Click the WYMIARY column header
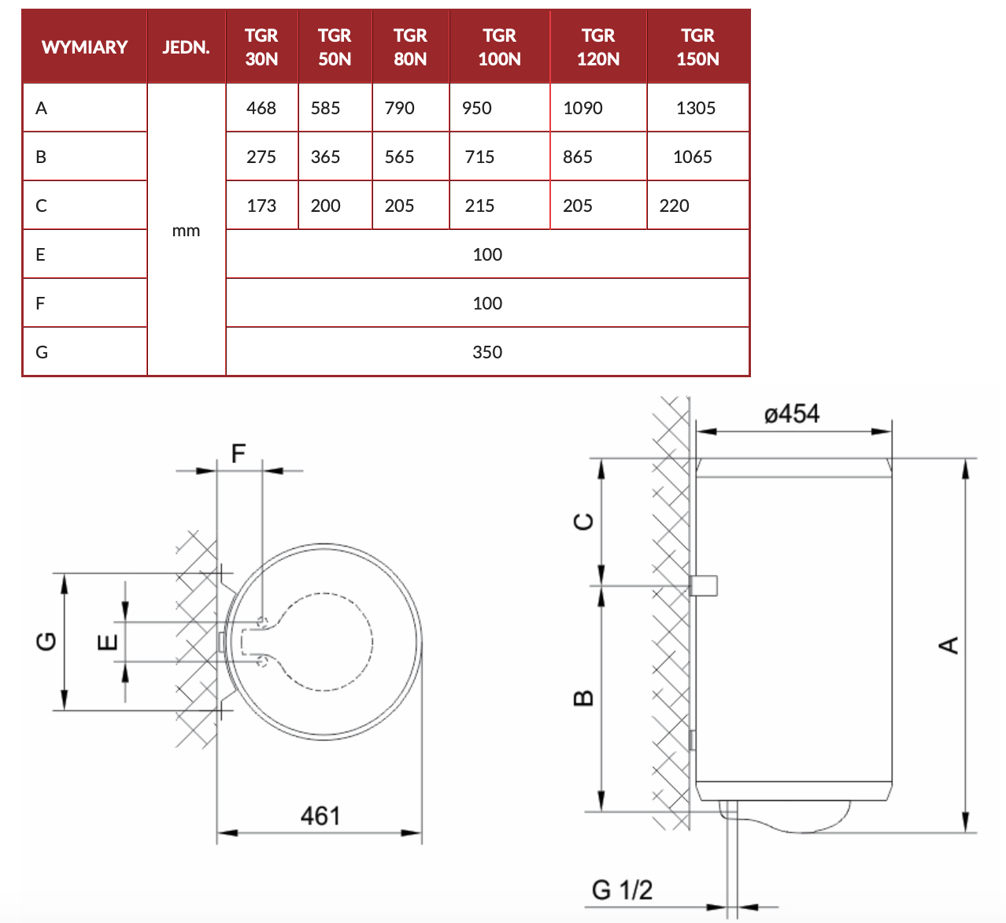coord(84,47)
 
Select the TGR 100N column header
coord(499,47)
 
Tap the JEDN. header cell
coord(186,47)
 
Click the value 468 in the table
coord(261,108)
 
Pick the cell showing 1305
coord(696,108)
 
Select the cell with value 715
coord(479,157)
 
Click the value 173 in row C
coord(261,206)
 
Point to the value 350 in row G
coord(487,352)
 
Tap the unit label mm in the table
coord(186,231)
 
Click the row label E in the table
coord(41,254)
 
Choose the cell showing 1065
coord(693,157)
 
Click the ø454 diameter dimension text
coord(792,414)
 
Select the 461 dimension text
coord(320,816)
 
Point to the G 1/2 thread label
coord(622,890)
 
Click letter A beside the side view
coord(949,645)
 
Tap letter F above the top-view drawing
coord(239,454)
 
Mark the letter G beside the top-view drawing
coord(47,641)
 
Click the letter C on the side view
coord(583,521)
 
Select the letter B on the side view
coord(583,698)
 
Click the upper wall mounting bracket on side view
coord(704,585)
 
